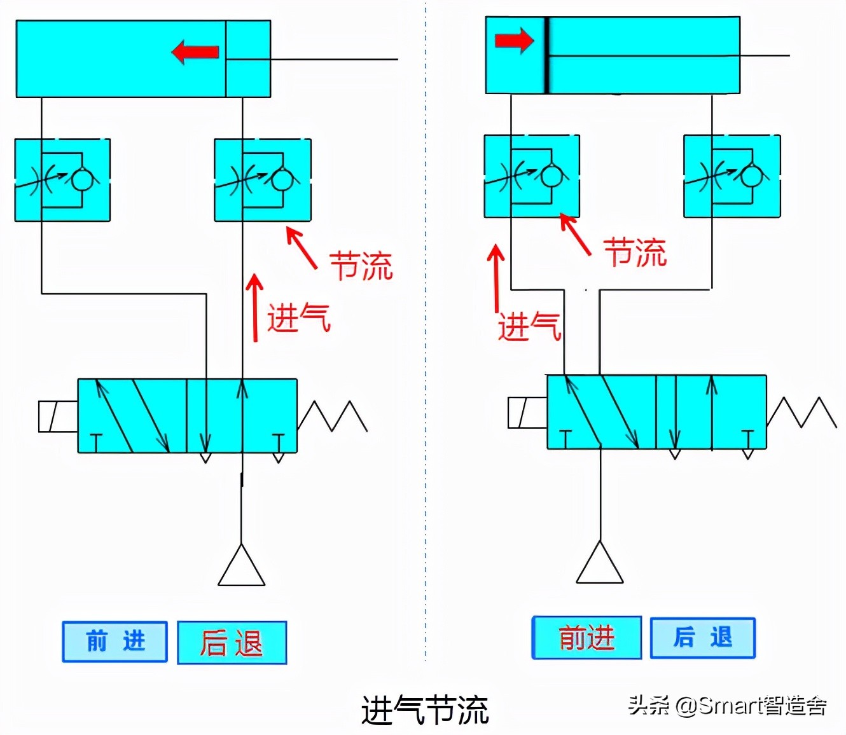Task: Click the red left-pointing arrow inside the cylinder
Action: [x=195, y=52]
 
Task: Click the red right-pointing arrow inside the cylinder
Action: [x=514, y=41]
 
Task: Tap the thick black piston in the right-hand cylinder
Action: [x=546, y=56]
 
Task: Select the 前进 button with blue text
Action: [x=115, y=642]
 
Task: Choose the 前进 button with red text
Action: [x=586, y=638]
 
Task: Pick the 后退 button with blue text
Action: [x=703, y=638]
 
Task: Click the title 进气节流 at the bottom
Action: [x=424, y=710]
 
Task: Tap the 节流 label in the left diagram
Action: [x=361, y=266]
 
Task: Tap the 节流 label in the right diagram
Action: [x=634, y=252]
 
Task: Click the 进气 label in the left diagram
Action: [x=298, y=317]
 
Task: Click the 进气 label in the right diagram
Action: [x=529, y=327]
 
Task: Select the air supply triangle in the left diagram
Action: [x=241, y=567]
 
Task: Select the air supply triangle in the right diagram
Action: [x=600, y=565]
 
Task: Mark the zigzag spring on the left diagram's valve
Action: [x=332, y=416]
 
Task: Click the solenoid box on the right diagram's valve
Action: [x=527, y=413]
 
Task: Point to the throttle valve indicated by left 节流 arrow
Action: [x=263, y=180]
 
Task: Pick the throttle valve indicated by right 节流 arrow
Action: [x=532, y=176]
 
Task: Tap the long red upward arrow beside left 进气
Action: [x=255, y=308]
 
